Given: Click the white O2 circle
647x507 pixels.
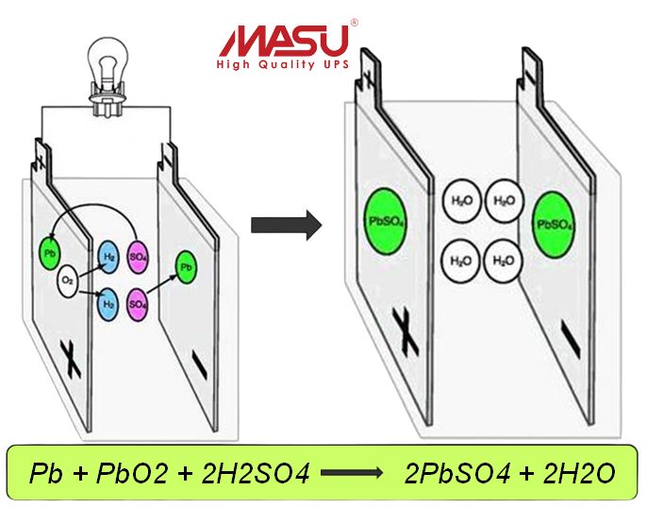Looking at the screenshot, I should (67, 281).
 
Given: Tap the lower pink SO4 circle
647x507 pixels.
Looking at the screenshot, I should (139, 304).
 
